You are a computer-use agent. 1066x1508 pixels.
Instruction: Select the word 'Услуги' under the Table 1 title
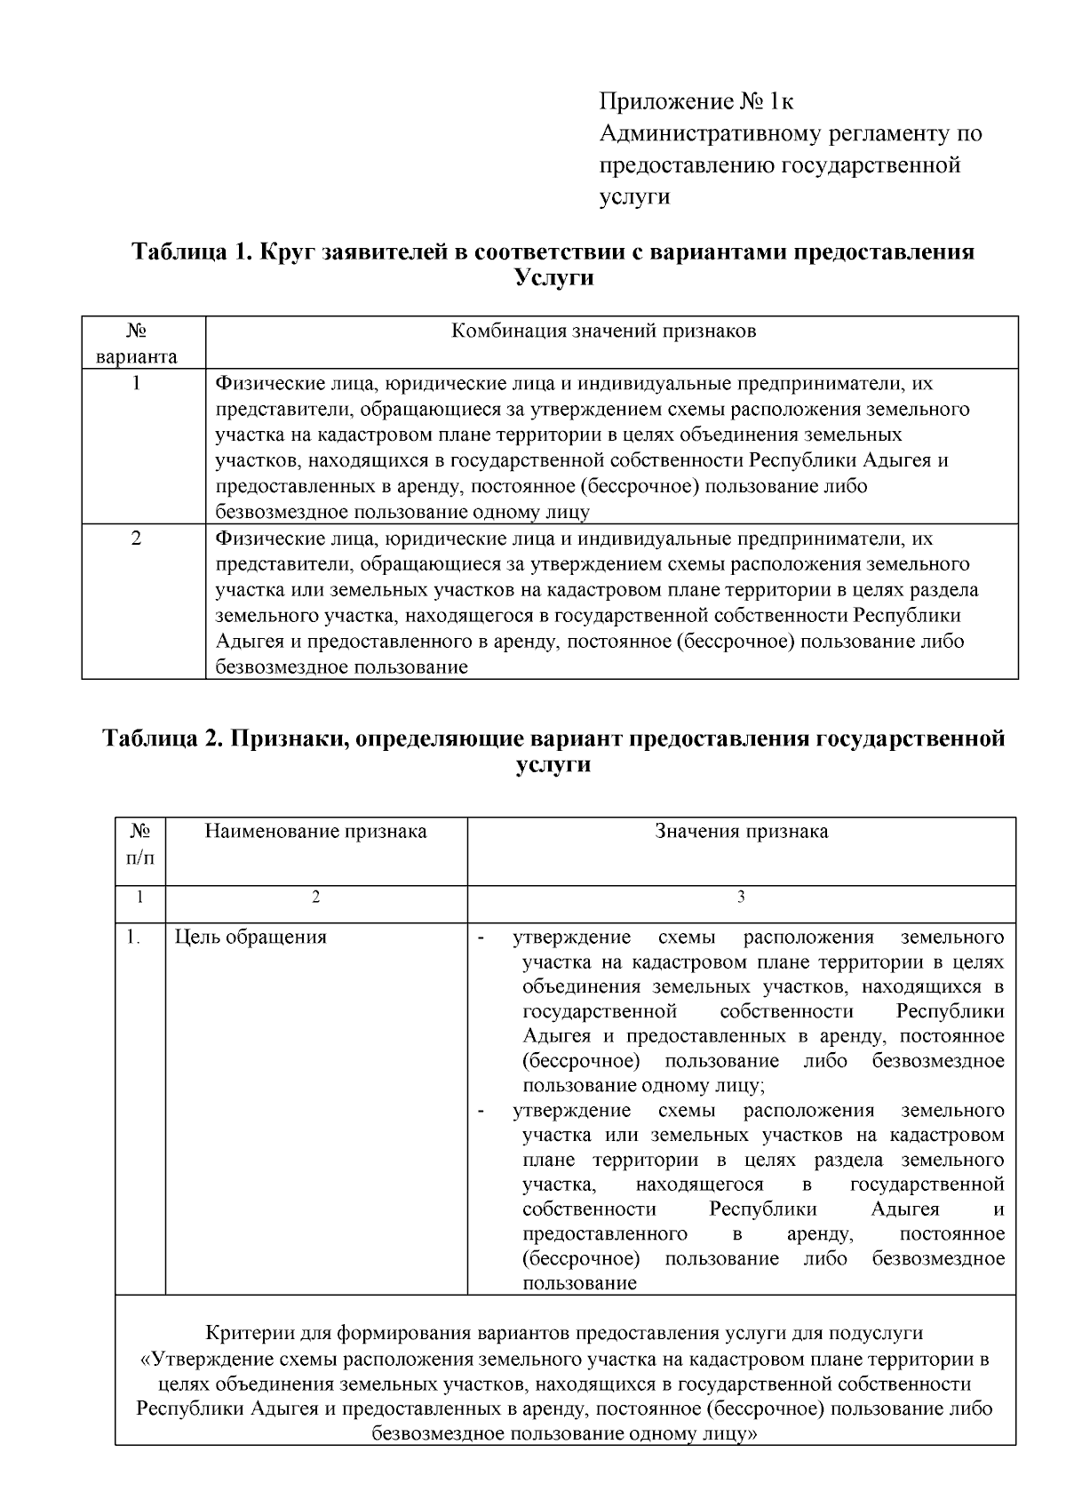coord(553,278)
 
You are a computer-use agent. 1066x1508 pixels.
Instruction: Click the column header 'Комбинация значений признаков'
coord(604,331)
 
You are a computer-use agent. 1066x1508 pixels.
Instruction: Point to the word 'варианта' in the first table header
coord(137,357)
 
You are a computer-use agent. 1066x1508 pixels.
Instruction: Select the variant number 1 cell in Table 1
coord(137,384)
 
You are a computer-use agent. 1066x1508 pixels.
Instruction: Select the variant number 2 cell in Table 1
coord(137,539)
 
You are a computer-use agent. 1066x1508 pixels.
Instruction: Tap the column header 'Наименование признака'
coord(315,831)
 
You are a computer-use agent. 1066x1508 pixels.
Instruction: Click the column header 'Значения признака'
coord(741,831)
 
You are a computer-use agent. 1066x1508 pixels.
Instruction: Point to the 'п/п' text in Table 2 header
coord(139,858)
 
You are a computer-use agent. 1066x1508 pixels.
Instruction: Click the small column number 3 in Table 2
coord(741,898)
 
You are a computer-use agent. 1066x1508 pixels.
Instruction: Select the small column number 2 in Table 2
coord(315,898)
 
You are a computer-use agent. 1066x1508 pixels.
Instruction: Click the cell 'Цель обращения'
coord(251,937)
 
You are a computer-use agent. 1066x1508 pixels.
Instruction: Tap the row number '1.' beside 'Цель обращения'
coord(132,937)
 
